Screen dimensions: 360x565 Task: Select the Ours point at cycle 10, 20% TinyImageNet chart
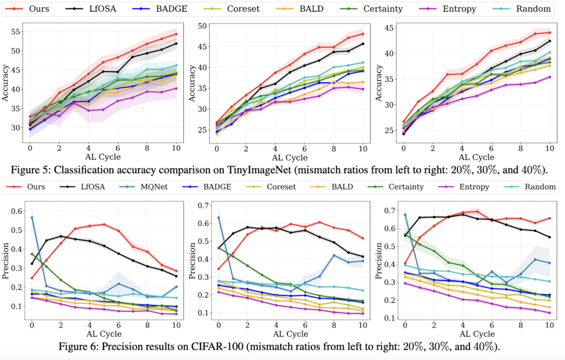(x=176, y=34)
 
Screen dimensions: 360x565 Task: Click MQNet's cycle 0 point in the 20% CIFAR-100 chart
(x=31, y=218)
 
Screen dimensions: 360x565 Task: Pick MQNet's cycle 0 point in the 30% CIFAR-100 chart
(x=218, y=218)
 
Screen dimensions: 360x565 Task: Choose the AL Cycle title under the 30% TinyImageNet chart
(x=290, y=156)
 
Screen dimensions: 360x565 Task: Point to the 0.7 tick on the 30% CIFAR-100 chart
(x=204, y=205)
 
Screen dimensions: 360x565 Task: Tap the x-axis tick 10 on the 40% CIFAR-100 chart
(x=550, y=325)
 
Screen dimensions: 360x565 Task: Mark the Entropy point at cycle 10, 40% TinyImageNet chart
(x=550, y=77)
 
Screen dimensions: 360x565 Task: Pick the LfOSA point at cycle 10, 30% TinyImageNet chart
(x=363, y=44)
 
